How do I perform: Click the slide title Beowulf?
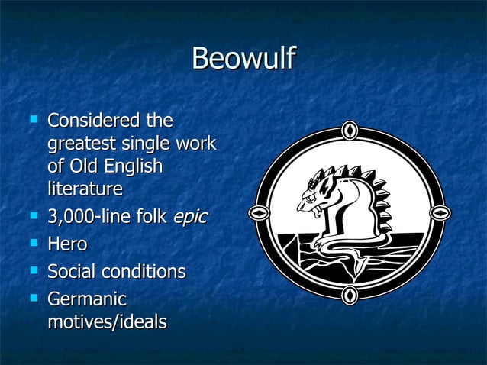point(243,60)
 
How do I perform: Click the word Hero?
point(67,244)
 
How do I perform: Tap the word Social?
point(72,271)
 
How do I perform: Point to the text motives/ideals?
point(106,321)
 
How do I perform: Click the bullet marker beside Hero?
point(32,244)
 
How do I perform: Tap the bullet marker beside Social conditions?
point(32,270)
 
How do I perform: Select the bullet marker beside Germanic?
point(32,298)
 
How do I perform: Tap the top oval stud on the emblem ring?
point(350,131)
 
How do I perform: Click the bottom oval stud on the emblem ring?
point(350,294)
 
